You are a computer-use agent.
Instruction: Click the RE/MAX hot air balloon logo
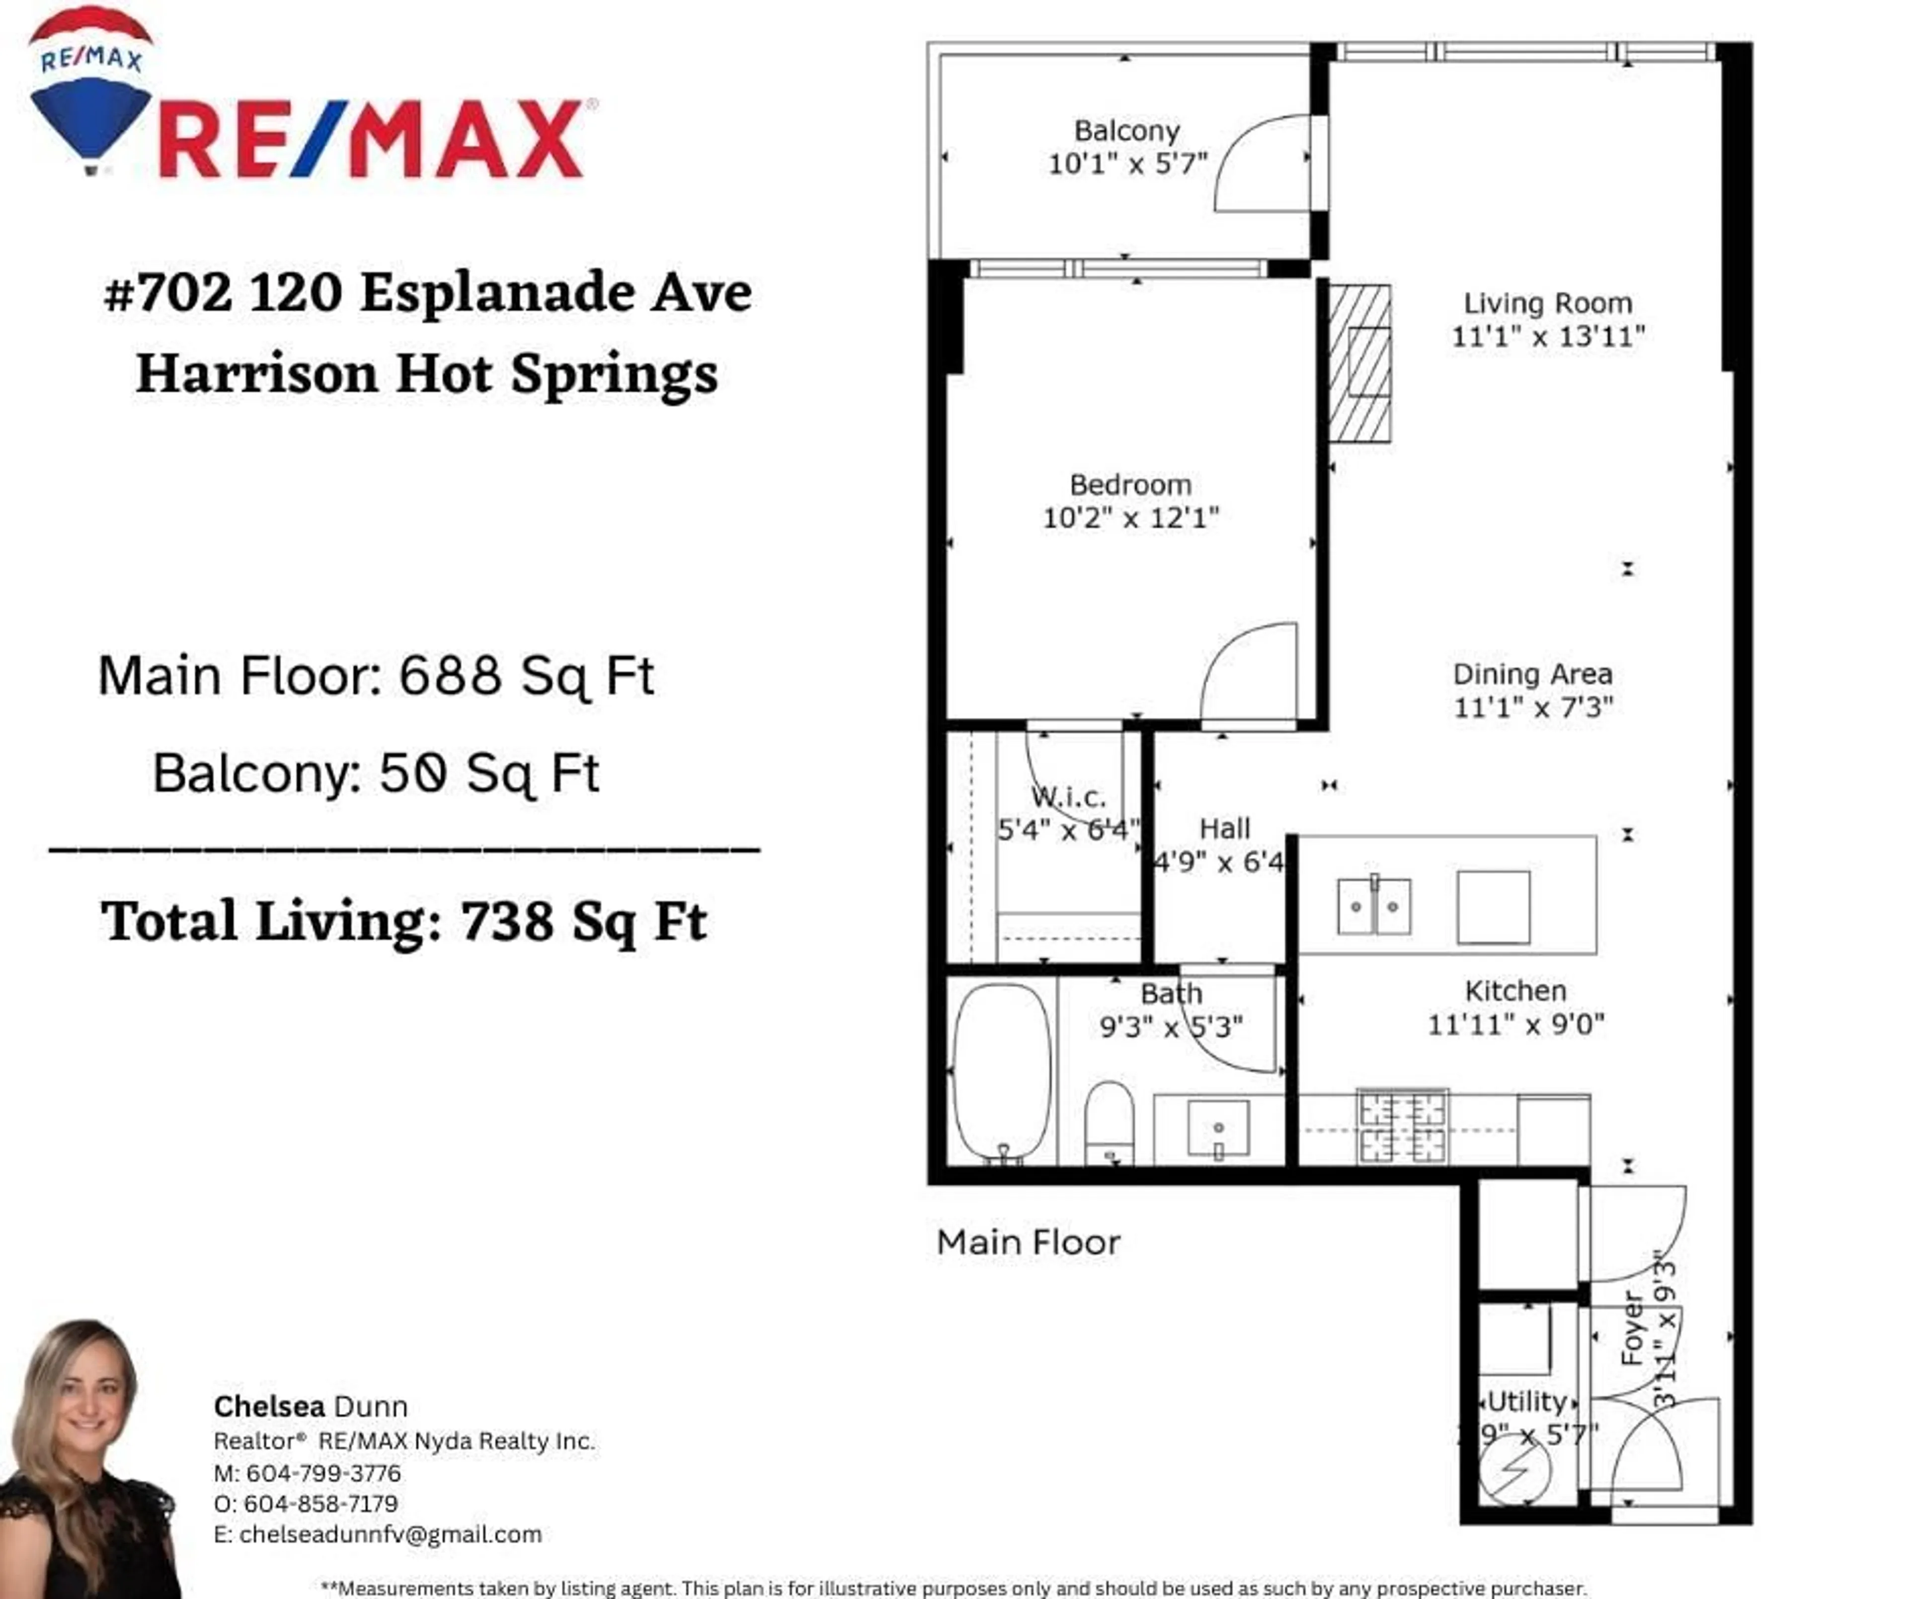pyautogui.click(x=91, y=91)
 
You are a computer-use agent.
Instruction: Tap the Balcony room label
pyautogui.click(x=1126, y=131)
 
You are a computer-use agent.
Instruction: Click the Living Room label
pyautogui.click(x=1547, y=304)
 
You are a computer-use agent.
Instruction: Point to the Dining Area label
pyautogui.click(x=1533, y=674)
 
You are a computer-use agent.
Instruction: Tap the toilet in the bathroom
pyautogui.click(x=1110, y=1122)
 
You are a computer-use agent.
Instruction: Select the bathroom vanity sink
pyautogui.click(x=1218, y=1129)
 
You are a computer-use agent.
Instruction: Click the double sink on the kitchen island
pyautogui.click(x=1374, y=906)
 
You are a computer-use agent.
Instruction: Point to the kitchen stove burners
pyautogui.click(x=1402, y=1127)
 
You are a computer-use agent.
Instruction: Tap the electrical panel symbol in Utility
pyautogui.click(x=1514, y=1472)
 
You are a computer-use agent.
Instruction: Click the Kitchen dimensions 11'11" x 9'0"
pyautogui.click(x=1515, y=1025)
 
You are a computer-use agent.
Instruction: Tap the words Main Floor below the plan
pyautogui.click(x=1029, y=1242)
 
